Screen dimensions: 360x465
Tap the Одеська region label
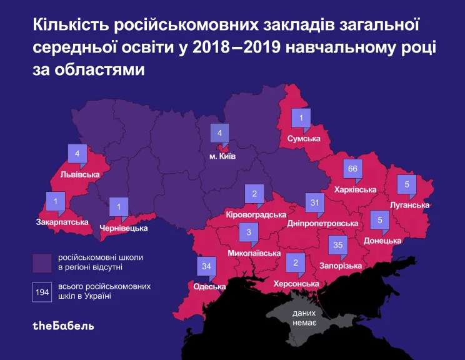[x=209, y=287]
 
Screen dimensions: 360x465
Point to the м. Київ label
[x=222, y=157]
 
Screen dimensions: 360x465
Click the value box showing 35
[x=338, y=246]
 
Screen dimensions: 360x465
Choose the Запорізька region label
[x=341, y=266]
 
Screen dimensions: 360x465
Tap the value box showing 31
[x=316, y=202]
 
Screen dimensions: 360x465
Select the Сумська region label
[x=304, y=138]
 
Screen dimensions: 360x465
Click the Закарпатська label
[x=62, y=222]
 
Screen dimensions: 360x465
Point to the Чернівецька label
[x=124, y=228]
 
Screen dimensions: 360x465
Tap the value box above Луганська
[x=407, y=184]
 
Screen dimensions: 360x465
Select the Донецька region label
[x=382, y=240]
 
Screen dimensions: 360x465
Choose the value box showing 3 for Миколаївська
[x=249, y=234]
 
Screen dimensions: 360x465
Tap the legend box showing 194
[x=42, y=292]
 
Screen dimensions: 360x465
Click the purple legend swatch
[x=42, y=262]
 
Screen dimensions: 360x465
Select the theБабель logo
[x=63, y=326]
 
